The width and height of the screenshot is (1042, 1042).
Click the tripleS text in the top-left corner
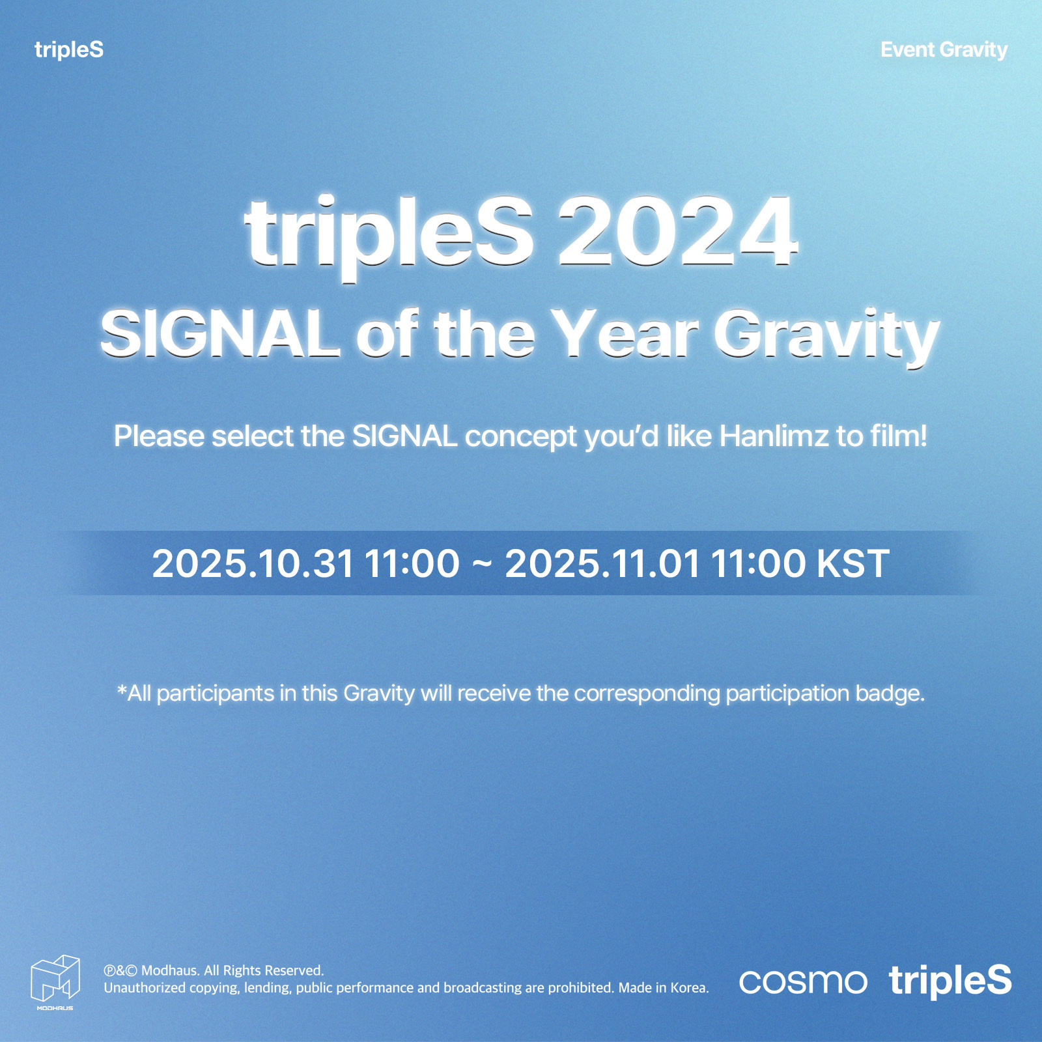point(69,50)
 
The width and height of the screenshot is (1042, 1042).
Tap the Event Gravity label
point(944,50)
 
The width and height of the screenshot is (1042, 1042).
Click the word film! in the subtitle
point(899,436)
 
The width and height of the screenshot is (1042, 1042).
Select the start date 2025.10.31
point(253,563)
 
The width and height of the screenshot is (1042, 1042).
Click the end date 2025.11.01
point(603,563)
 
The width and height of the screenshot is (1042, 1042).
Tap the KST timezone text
point(852,563)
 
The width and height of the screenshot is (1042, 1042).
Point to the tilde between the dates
point(482,563)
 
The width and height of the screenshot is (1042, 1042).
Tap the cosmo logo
point(803,982)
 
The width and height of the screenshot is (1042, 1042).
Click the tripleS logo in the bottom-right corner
point(950,981)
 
